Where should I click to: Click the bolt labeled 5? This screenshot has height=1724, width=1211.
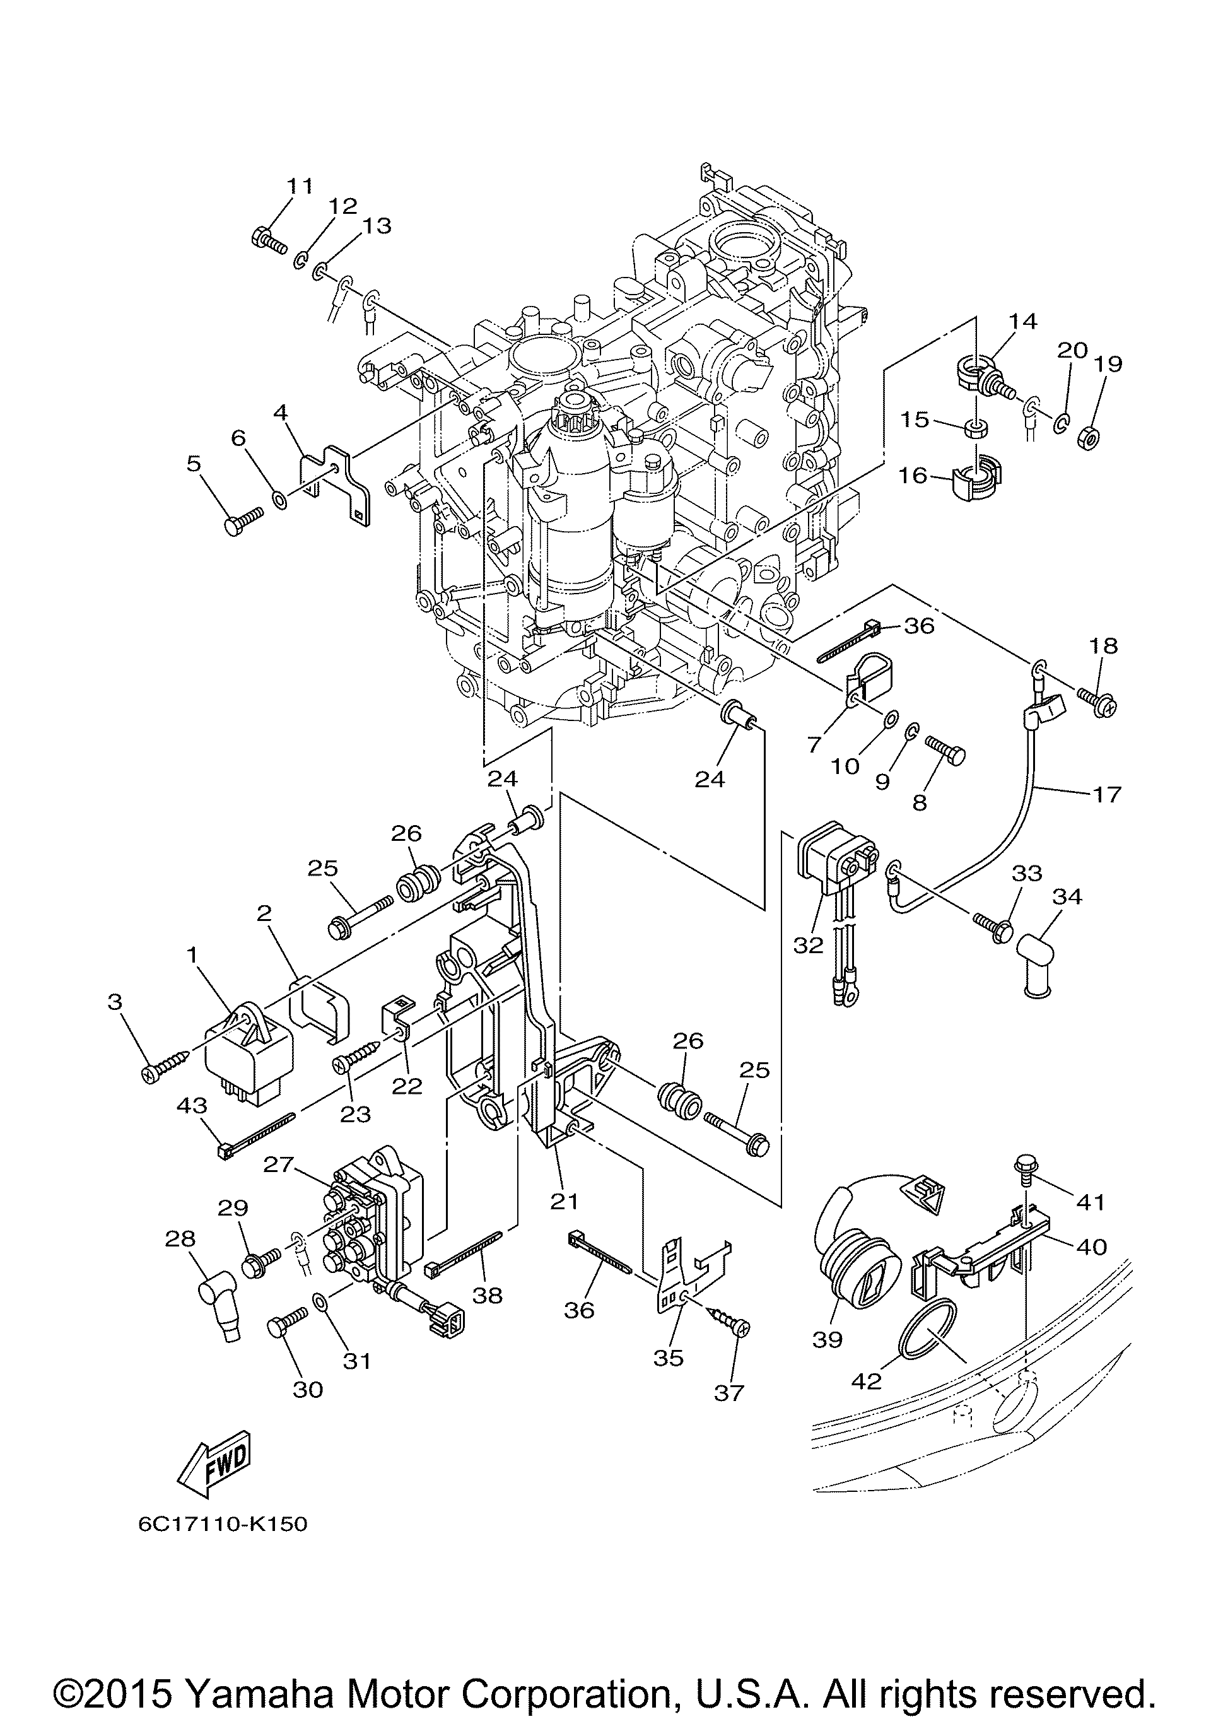244,518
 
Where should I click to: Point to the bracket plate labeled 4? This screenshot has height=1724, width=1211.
336,484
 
